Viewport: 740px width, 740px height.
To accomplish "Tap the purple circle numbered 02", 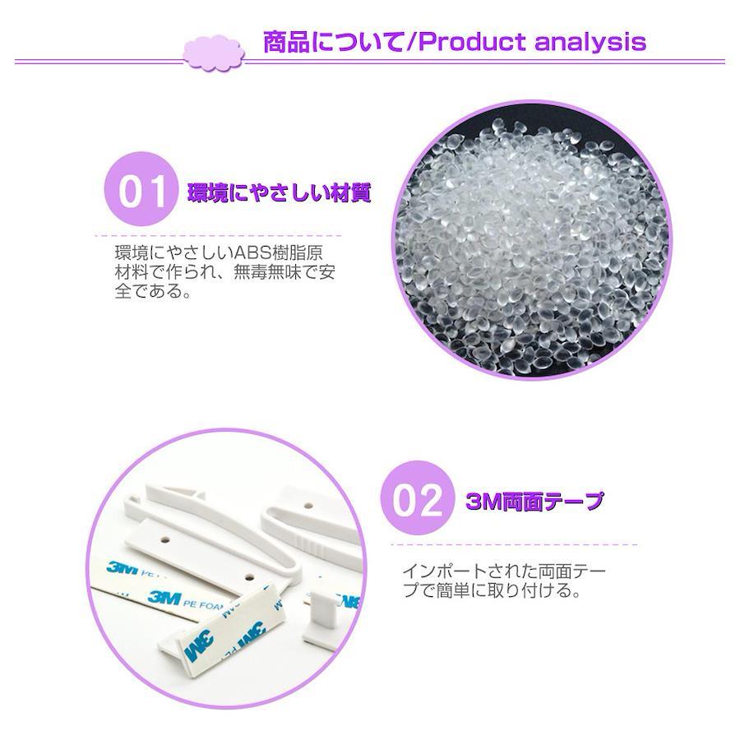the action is pos(419,498).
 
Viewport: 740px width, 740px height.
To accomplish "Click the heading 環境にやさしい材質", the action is pos(280,192).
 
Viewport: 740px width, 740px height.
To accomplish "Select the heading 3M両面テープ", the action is pos(534,501).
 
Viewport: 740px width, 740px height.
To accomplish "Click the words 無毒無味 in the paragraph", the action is pos(267,272).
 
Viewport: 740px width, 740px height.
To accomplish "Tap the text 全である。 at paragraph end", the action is pos(154,291).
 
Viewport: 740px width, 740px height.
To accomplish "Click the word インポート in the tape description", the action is pos(445,571).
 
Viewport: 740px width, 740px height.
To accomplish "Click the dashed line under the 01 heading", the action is pos(218,235).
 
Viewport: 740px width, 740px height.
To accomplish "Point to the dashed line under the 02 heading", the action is pos(514,544).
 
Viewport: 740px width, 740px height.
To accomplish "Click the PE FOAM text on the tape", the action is pos(203,604).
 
